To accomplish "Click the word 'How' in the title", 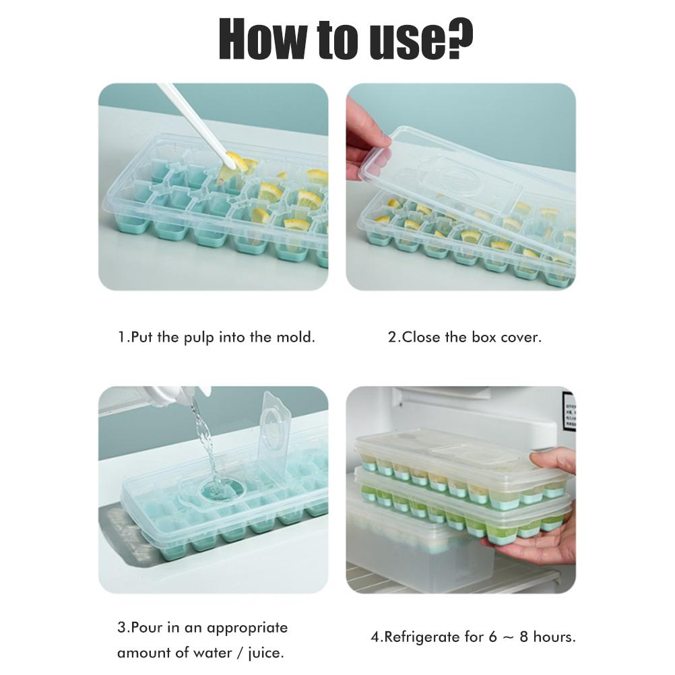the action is [x=264, y=39].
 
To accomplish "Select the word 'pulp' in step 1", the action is [x=199, y=337].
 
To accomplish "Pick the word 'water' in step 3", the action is [x=212, y=653].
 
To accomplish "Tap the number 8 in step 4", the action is [x=523, y=637].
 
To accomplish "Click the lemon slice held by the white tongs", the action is [x=236, y=163].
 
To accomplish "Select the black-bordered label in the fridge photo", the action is [x=569, y=409].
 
